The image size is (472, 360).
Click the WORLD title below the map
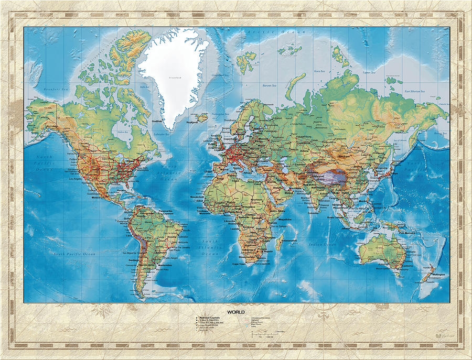point(236,312)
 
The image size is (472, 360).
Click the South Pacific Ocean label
point(73,254)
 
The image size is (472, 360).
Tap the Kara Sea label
point(318,71)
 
